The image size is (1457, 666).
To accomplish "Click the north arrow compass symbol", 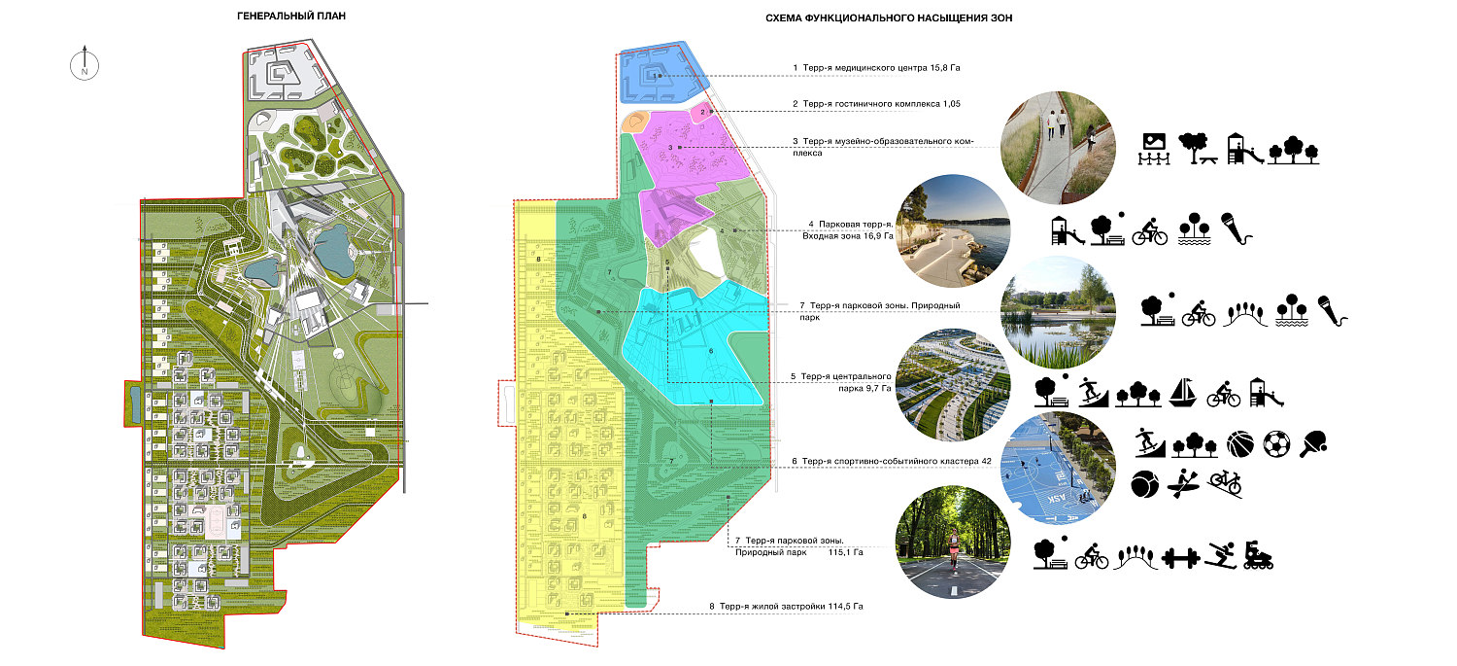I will pyautogui.click(x=85, y=65).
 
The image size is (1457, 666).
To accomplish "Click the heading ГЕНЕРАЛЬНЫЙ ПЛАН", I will pyautogui.click(x=291, y=18).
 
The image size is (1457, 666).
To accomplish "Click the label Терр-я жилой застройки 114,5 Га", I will pyautogui.click(x=787, y=607).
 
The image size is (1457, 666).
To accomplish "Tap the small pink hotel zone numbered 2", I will pyautogui.click(x=703, y=113).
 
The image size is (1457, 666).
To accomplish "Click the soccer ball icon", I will pyautogui.click(x=1276, y=444).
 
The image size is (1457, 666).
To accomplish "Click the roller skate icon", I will pyautogui.click(x=1258, y=555).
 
